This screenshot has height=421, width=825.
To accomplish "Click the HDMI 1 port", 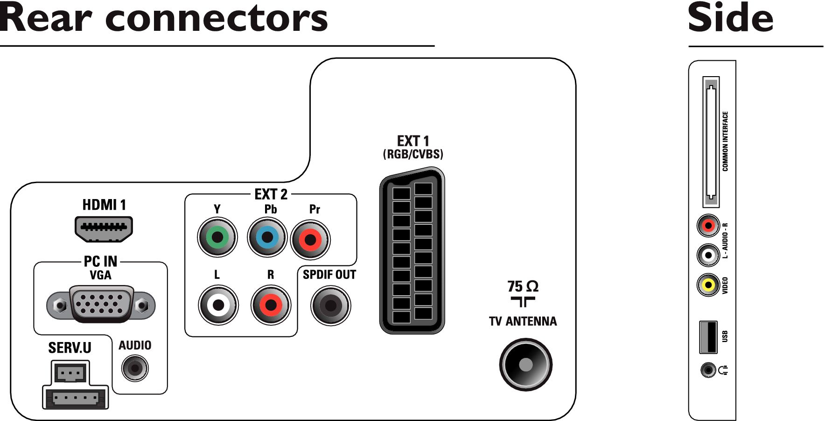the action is point(104,229).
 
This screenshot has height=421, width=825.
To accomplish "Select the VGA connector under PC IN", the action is point(101,305).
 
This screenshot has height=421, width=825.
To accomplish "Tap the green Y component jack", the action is point(217,237).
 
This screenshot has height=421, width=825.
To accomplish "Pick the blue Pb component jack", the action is point(267,237).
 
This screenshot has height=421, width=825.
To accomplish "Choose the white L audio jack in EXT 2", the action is point(218,305).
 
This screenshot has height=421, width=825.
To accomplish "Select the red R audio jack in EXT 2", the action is point(271,305).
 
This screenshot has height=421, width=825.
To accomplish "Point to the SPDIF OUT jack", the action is point(331,306).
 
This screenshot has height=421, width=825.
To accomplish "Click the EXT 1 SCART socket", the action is point(412,251).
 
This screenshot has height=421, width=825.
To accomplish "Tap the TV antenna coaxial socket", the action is point(526,364).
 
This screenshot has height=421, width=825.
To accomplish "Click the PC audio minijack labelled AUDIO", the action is point(135,368).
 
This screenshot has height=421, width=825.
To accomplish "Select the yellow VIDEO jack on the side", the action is point(709,285).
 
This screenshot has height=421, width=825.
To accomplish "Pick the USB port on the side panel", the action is point(708,337).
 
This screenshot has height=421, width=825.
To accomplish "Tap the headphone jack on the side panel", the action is point(708,371).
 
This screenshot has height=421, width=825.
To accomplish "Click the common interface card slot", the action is point(711,142).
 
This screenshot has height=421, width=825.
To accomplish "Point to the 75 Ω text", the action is point(523,286).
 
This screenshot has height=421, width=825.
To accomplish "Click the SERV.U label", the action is point(70,348).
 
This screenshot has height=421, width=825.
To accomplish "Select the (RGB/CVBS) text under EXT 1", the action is point(413,154).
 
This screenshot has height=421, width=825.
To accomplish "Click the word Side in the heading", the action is point(731,17).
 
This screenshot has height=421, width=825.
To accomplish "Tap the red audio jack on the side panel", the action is point(709,226).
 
